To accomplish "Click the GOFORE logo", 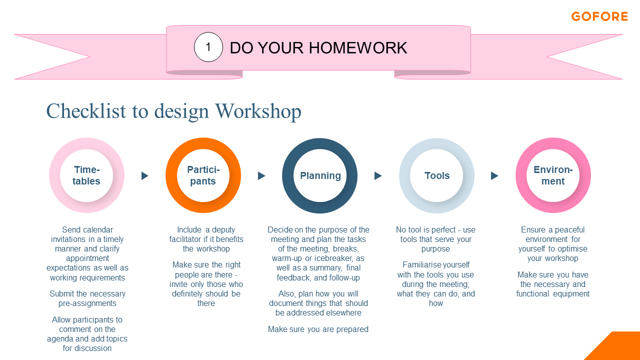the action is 599,16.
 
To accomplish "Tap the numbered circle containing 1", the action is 208,47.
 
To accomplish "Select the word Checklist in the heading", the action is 86,111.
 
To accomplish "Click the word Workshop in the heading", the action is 258,111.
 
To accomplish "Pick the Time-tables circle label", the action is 86,175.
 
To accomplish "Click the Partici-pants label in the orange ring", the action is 203,175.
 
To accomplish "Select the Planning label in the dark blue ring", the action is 320,175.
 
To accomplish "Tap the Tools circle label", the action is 437,175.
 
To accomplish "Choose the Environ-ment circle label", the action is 553,175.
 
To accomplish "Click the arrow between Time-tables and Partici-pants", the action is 145,175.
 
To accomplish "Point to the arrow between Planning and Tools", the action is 378,175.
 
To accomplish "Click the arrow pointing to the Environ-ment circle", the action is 494,175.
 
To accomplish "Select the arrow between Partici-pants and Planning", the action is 261,175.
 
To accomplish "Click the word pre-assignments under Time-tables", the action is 87,303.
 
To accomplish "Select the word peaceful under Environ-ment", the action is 569,230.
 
